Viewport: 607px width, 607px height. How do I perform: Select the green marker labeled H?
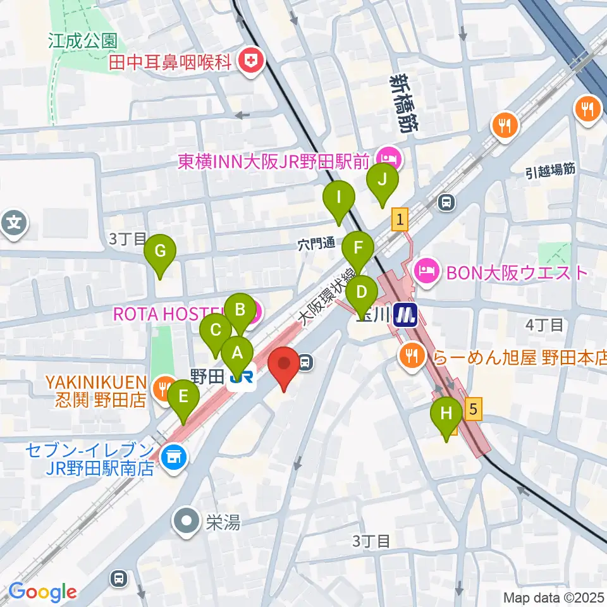click(x=446, y=415)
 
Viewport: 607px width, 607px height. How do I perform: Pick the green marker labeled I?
click(x=338, y=199)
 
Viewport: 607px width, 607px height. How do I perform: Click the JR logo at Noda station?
click(x=242, y=378)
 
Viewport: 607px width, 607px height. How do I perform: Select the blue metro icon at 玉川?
click(x=404, y=314)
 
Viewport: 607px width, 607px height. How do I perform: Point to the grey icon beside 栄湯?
click(x=188, y=522)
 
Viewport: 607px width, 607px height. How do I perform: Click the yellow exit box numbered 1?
click(x=400, y=220)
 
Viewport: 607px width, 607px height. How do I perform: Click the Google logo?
click(x=42, y=592)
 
